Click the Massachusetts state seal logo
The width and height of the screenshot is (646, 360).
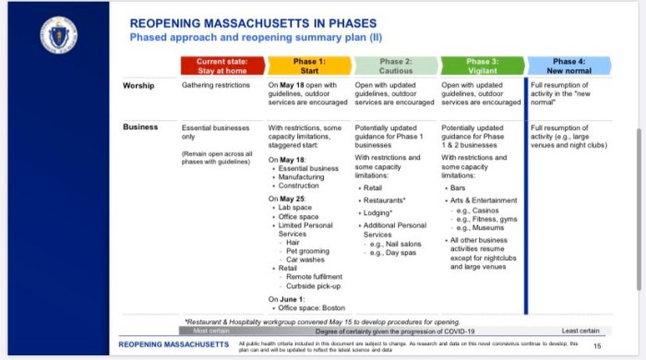(x=58, y=34)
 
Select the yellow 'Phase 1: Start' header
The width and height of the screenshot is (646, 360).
(x=309, y=66)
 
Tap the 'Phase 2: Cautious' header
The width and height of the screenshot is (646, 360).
(x=396, y=66)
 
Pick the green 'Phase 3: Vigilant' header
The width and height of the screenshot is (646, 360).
(x=482, y=66)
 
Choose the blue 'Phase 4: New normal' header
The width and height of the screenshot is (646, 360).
(x=568, y=66)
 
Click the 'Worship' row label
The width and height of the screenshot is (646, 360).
(x=138, y=86)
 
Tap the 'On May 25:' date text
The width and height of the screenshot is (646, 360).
(x=288, y=198)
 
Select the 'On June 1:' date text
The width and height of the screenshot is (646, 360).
(x=288, y=299)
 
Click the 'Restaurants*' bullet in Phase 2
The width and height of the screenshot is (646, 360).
(x=385, y=199)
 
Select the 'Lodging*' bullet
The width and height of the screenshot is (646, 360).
(x=379, y=212)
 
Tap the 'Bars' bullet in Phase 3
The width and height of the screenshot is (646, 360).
(x=458, y=187)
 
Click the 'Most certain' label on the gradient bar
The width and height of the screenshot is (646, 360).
(x=213, y=330)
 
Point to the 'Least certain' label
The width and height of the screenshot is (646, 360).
(x=580, y=330)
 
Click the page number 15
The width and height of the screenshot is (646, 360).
(x=597, y=345)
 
